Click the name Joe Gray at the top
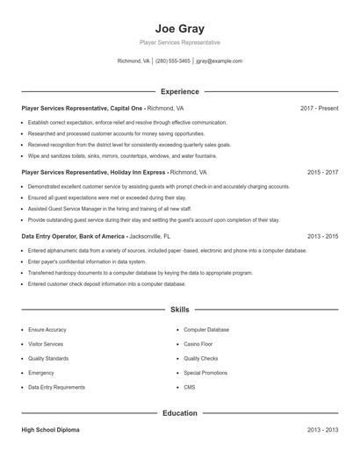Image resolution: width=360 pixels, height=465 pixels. click(179, 28)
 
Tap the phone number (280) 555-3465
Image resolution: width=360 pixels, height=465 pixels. click(173, 61)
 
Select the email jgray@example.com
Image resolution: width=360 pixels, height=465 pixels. click(220, 61)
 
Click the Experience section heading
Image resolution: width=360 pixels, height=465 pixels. click(179, 91)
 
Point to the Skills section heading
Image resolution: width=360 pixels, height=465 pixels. click(179, 310)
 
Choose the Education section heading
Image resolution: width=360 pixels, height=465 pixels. click(179, 412)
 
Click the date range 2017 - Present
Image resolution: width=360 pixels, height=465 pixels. click(319, 108)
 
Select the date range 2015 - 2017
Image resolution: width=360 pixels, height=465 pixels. click(322, 173)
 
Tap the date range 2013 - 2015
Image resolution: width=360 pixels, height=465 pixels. click(322, 237)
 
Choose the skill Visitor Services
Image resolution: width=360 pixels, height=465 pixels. click(45, 344)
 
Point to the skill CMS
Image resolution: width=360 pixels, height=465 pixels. click(190, 387)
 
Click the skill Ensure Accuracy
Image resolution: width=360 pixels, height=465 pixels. click(46, 330)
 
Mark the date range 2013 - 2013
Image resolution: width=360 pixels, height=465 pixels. click(322, 431)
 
